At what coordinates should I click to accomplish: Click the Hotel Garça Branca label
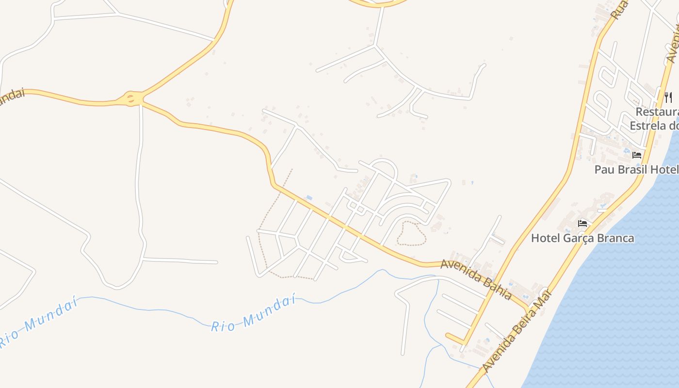pyautogui.click(x=582, y=238)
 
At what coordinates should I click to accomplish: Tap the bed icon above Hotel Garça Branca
pyautogui.click(x=582, y=224)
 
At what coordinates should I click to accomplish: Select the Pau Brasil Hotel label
pyautogui.click(x=636, y=169)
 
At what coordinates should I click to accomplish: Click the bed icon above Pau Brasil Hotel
pyautogui.click(x=637, y=155)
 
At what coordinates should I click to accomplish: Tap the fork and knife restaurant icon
pyautogui.click(x=668, y=97)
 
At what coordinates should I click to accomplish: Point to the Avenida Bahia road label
pyautogui.click(x=476, y=279)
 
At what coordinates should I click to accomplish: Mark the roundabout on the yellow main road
pyautogui.click(x=131, y=98)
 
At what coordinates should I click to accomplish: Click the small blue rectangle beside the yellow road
pyautogui.click(x=309, y=198)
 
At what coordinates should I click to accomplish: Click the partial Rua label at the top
pyautogui.click(x=619, y=9)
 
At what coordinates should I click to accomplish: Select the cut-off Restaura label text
pyautogui.click(x=657, y=112)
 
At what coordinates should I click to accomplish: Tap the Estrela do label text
pyautogui.click(x=654, y=126)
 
